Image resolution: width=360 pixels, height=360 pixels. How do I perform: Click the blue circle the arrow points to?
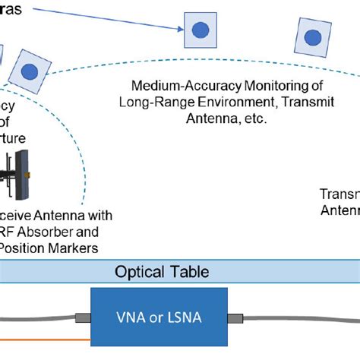tap(200, 30)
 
